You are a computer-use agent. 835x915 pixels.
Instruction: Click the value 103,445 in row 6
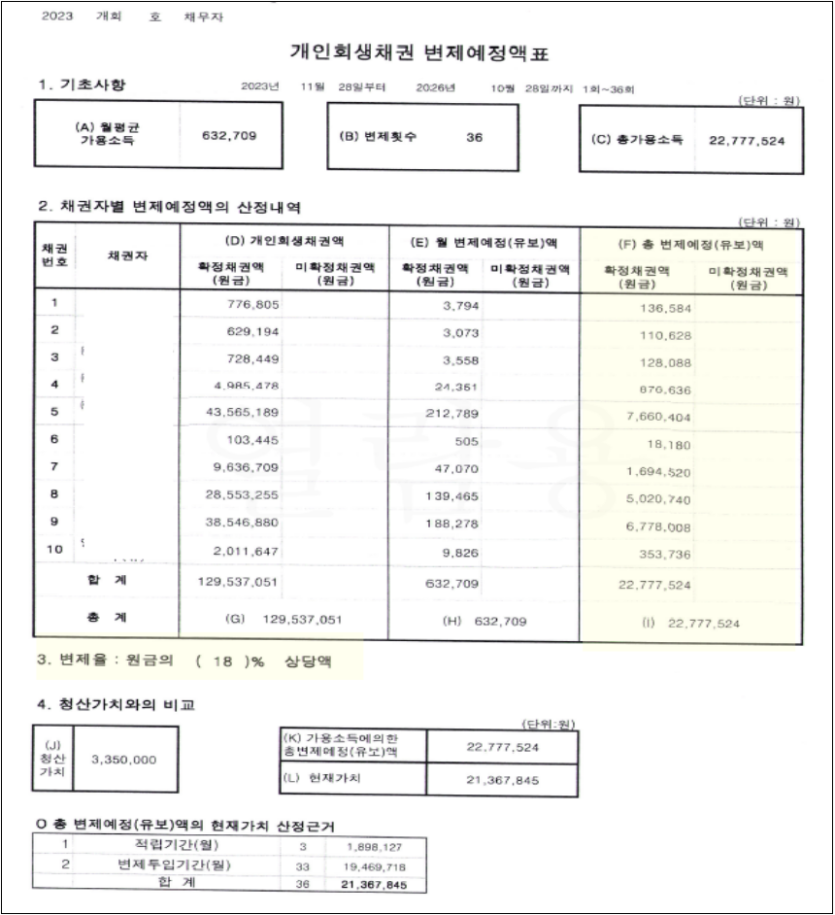[x=255, y=438]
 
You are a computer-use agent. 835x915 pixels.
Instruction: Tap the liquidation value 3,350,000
[x=124, y=759]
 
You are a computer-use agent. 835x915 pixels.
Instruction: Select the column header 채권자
[x=128, y=256]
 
